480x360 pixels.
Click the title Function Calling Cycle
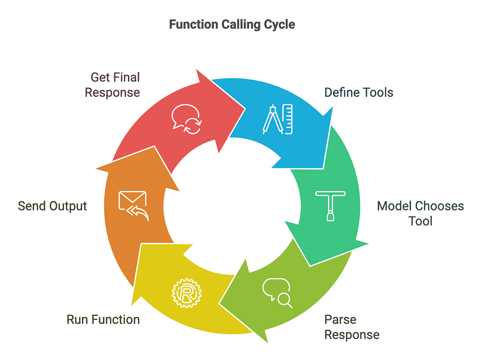coord(232,24)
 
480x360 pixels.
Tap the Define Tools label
coord(358,92)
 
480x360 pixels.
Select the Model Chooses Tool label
coord(420,213)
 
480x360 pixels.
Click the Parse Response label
coord(352,327)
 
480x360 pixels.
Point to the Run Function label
coord(103,320)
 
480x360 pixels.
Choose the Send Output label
coord(52,206)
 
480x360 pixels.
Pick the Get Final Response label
coord(112,84)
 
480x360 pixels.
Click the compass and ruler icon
coord(278,119)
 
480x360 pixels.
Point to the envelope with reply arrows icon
coord(133,206)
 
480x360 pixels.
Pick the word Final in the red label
coord(126,77)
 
